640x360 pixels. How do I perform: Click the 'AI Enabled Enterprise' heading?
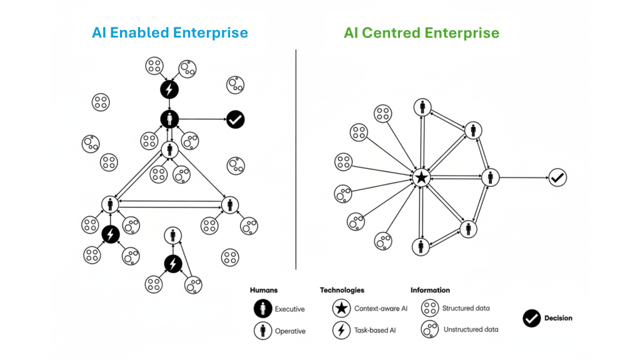point(170,32)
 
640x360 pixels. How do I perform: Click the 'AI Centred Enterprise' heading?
point(421,32)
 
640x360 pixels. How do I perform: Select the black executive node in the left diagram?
point(169,119)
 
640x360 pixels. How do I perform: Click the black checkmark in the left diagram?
point(235,119)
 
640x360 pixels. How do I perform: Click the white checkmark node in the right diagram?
point(557,177)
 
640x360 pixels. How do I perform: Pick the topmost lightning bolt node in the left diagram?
point(169,89)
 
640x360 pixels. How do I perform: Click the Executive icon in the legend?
point(262,308)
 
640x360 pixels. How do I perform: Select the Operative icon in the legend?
point(262,330)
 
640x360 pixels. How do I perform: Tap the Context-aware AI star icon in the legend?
point(341,308)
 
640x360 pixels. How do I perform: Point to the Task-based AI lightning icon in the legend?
point(341,330)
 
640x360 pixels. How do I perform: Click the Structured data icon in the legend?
point(429,307)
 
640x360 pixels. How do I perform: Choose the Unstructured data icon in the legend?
point(429,329)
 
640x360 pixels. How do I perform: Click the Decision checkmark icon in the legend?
point(531,318)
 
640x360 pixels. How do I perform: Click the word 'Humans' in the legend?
point(264,290)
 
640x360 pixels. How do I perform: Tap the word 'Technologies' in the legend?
point(342,290)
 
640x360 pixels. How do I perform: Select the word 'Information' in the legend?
point(430,290)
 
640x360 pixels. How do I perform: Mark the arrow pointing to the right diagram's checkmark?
point(524,177)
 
